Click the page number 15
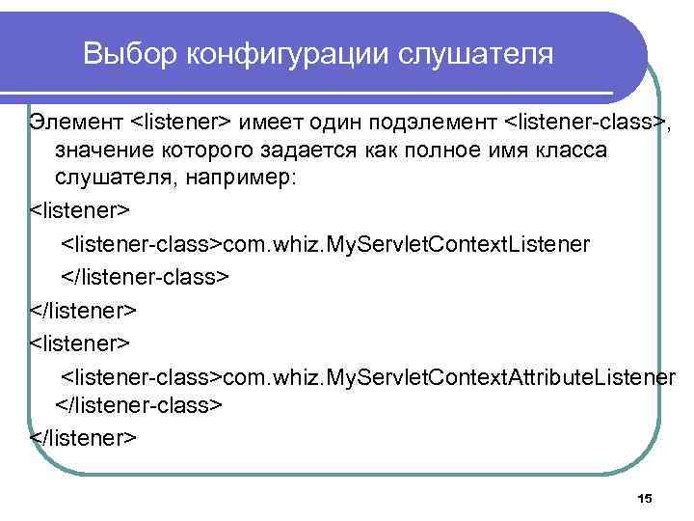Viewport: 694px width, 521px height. point(645,498)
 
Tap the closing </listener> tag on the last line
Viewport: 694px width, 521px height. point(84,437)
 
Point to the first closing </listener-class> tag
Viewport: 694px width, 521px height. point(146,277)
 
